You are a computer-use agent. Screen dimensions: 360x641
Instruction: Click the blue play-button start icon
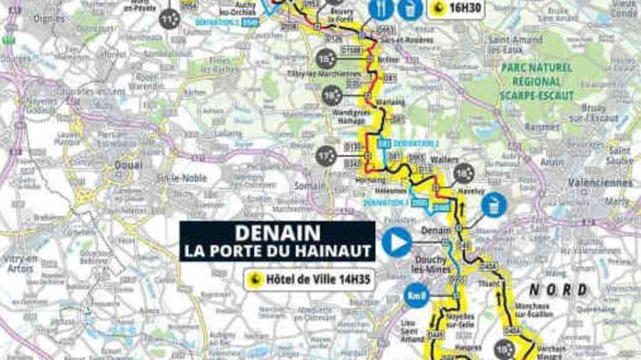pos(397,244)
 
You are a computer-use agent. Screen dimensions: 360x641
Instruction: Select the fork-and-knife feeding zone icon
pos(381,8)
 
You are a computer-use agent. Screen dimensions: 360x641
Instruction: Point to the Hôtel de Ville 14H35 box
pos(308,279)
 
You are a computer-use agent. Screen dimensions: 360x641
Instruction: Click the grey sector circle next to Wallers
pos(464,173)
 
